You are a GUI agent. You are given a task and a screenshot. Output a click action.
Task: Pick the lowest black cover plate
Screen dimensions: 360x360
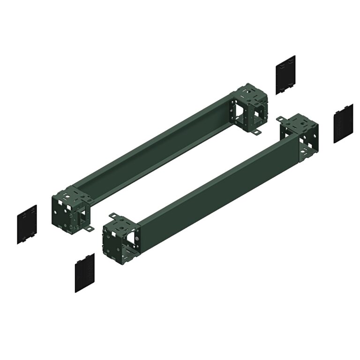[85, 273]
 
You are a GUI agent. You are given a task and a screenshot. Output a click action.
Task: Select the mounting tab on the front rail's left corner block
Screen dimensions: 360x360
[113, 216]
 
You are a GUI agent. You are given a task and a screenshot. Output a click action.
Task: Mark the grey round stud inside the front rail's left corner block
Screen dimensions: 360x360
[135, 244]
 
